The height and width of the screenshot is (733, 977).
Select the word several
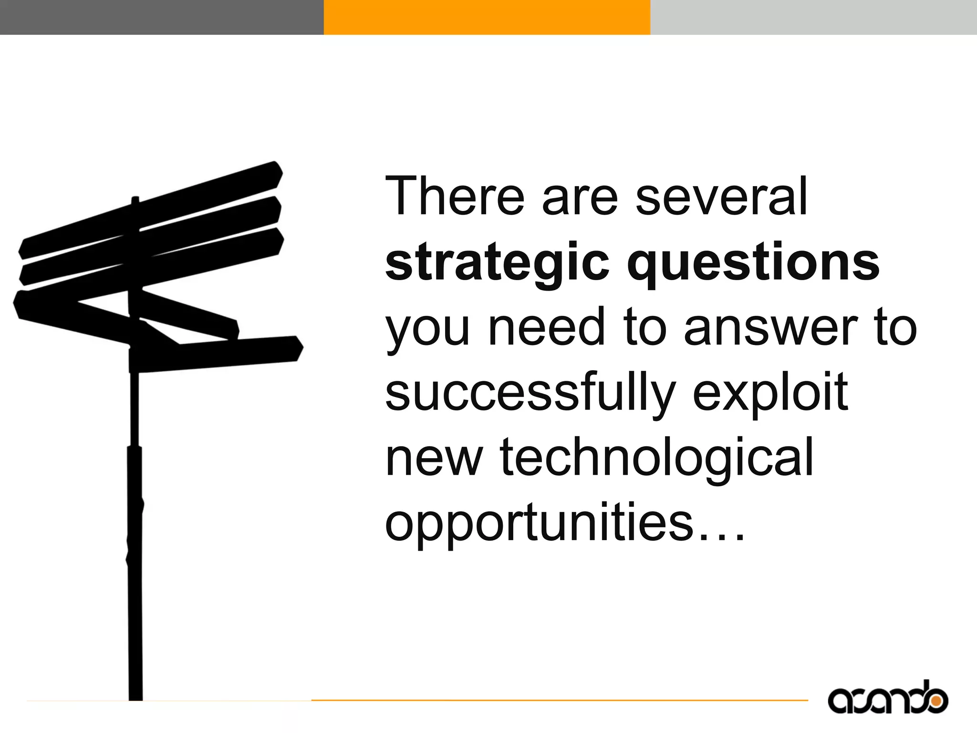[x=721, y=197]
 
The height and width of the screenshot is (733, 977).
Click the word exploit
[x=770, y=394]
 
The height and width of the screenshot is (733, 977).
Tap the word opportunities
[x=539, y=524]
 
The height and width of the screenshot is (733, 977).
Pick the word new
[x=434, y=459]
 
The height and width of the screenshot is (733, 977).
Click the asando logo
[x=887, y=698]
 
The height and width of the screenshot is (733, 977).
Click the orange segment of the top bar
[x=487, y=17]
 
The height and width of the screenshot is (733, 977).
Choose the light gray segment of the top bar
[x=813, y=17]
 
